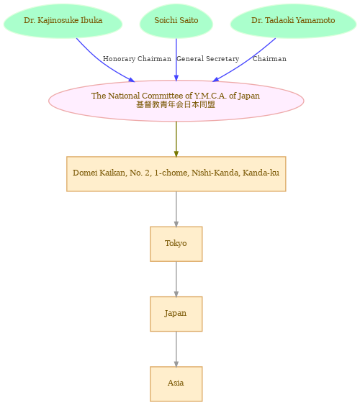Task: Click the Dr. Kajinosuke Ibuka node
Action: (63, 21)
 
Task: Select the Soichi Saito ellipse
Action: (176, 21)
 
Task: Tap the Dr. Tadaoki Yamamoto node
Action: (293, 21)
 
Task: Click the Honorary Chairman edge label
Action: (137, 59)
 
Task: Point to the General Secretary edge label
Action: (208, 59)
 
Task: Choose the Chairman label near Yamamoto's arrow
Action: (269, 59)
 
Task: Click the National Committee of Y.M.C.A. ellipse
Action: (176, 101)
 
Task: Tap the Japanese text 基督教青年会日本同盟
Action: (176, 104)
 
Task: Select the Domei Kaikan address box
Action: (176, 174)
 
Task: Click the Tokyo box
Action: (176, 244)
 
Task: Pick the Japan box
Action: (176, 314)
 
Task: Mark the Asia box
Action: (176, 384)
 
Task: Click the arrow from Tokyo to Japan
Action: (176, 279)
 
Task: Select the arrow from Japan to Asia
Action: (176, 349)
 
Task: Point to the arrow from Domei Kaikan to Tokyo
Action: (176, 209)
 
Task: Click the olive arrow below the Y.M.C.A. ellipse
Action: (176, 139)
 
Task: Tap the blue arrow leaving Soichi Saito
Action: (176, 60)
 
